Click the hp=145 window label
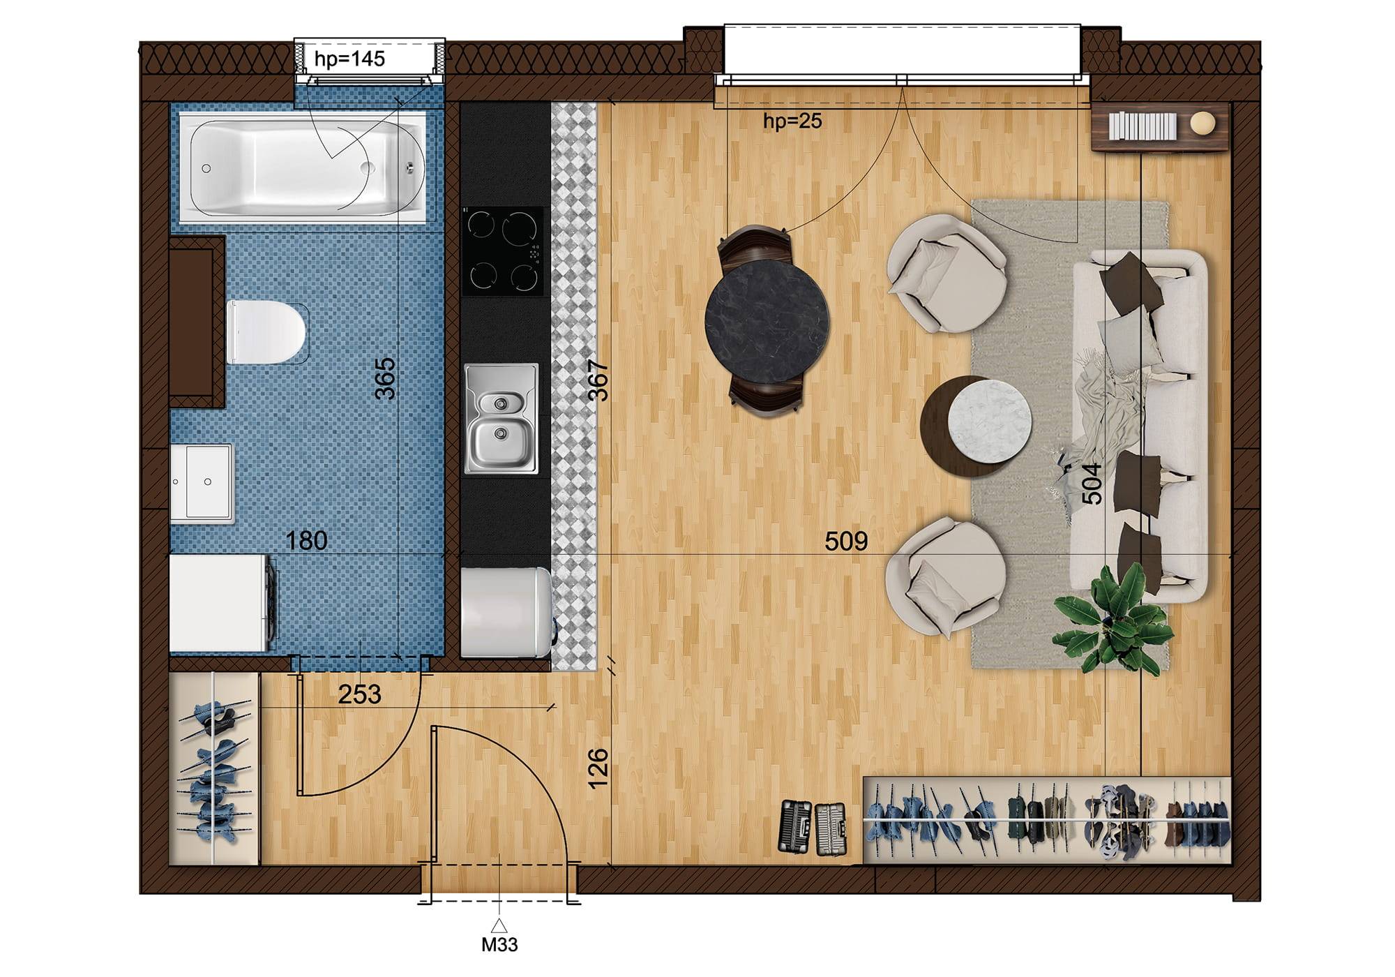349,59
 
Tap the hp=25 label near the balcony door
792,121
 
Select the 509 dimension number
846,541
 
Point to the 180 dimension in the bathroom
307,541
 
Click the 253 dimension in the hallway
360,694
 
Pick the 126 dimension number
598,768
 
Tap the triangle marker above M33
499,926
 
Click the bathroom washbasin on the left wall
202,483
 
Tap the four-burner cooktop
503,251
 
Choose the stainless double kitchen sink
502,419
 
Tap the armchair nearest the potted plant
945,577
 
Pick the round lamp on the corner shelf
1202,124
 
